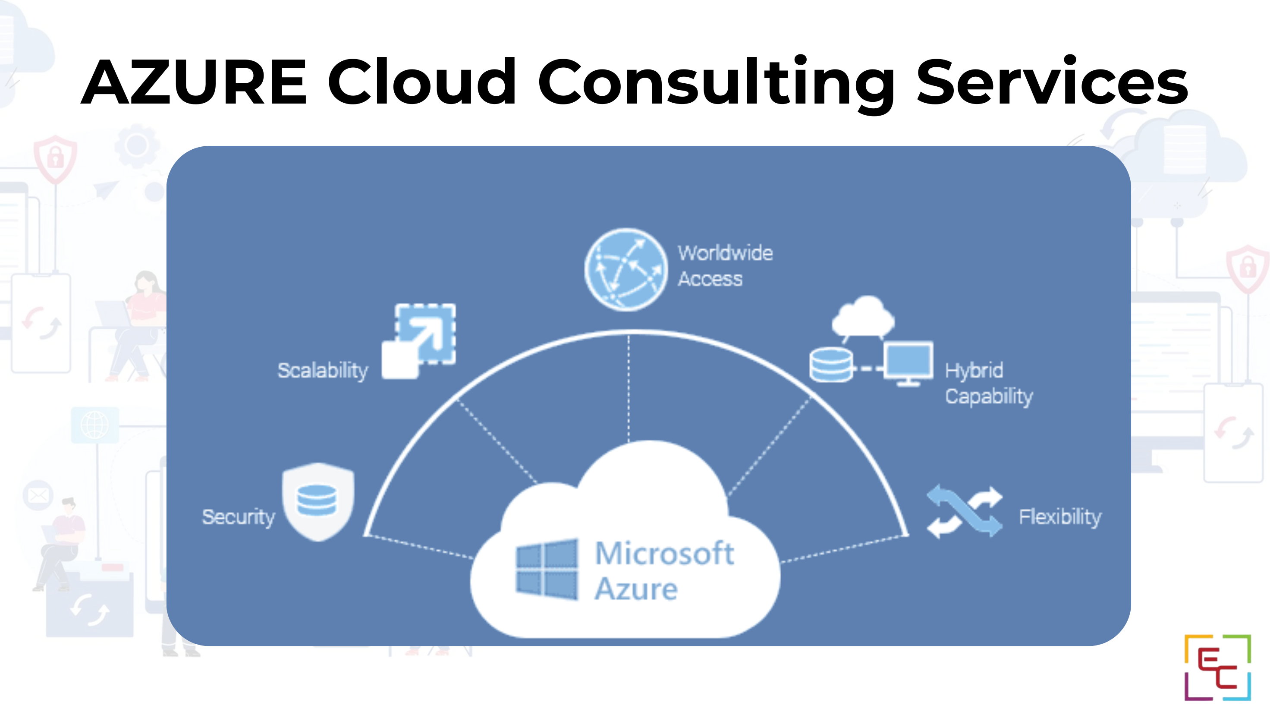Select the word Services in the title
click(x=1052, y=82)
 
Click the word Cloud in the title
click(x=422, y=82)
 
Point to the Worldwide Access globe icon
click(x=626, y=269)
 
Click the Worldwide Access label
click(x=725, y=266)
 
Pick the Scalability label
click(x=323, y=371)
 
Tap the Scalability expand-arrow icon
click(x=419, y=341)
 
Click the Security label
click(x=239, y=517)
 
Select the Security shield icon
click(x=318, y=501)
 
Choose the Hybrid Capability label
click(x=988, y=383)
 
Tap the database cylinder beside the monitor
click(x=831, y=365)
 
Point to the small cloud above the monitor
click(x=864, y=316)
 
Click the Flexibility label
click(x=1060, y=517)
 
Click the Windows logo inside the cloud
click(x=547, y=570)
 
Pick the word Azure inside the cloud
click(x=636, y=589)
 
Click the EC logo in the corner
click(x=1217, y=667)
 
